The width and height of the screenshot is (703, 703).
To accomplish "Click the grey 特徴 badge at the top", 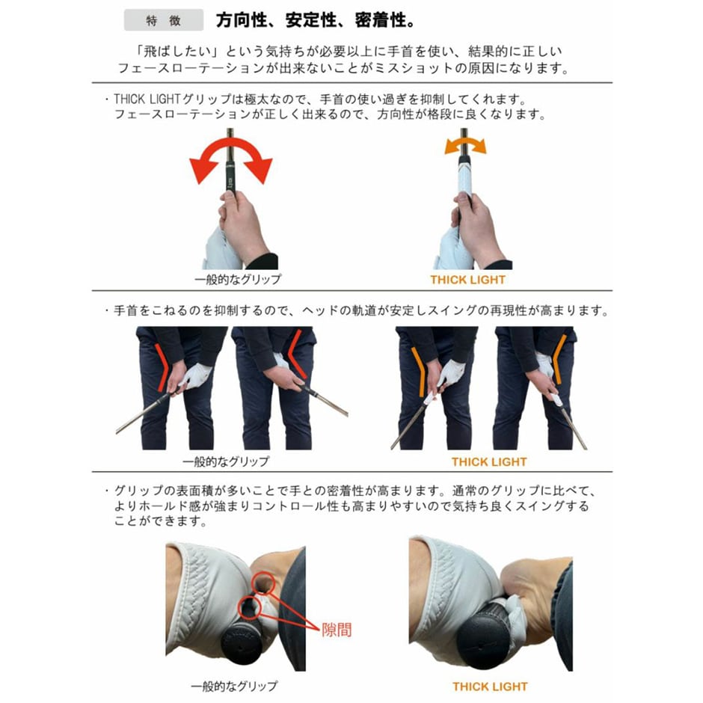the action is pos(164,20).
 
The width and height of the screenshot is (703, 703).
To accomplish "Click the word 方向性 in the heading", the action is pos(242,20).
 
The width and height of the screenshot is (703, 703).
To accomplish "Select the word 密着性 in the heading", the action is pos(380,20).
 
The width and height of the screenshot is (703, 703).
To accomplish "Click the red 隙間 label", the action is pos(337,630).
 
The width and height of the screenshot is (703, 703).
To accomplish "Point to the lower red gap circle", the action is pos(249,608).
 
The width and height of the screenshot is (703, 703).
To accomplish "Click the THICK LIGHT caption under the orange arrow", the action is pos(467,280).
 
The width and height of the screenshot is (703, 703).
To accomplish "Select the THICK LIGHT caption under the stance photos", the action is pos(489,461).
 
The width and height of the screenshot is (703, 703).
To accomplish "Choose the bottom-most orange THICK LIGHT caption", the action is pos(490,687).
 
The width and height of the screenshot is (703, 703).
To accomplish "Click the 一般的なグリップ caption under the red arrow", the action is pos(238,279).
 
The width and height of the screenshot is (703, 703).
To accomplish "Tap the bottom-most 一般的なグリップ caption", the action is pos(234,686).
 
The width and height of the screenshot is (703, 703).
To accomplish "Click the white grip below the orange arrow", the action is pos(465,177).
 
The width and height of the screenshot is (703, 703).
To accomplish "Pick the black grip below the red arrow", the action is pos(230,173).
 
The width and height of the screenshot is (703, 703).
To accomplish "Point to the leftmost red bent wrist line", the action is pos(163,368).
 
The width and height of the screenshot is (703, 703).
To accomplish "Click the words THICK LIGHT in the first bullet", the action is pos(147,99).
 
